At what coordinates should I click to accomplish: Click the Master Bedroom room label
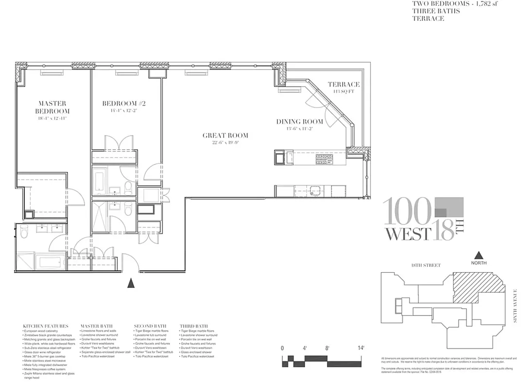(x=53, y=107)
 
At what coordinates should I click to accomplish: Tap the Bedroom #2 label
(x=123, y=104)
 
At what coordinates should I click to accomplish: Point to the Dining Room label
(x=300, y=122)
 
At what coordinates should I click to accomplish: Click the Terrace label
(x=343, y=85)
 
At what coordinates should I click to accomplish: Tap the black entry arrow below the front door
(x=130, y=283)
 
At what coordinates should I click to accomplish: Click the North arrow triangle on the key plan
(x=478, y=255)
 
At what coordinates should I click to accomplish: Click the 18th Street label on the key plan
(x=425, y=265)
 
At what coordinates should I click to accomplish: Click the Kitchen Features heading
(x=45, y=326)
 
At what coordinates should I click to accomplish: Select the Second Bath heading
(x=150, y=326)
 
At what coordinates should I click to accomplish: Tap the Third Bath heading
(x=194, y=326)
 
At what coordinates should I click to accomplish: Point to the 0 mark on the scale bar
(x=282, y=348)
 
